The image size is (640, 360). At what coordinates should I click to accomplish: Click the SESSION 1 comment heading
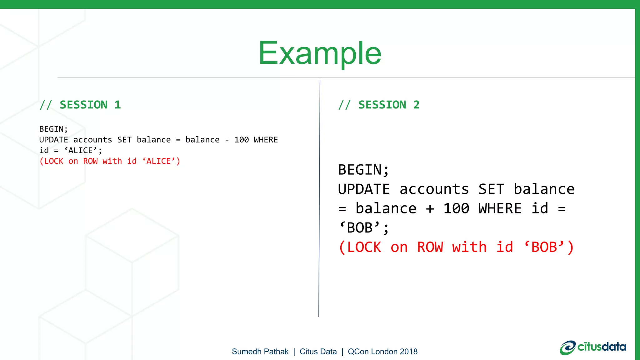pyautogui.click(x=80, y=105)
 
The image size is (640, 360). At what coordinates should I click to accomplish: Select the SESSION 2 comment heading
pyautogui.click(x=379, y=105)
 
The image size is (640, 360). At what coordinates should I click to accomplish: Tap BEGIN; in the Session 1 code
pyautogui.click(x=53, y=129)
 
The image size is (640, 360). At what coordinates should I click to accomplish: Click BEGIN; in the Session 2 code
pyautogui.click(x=364, y=170)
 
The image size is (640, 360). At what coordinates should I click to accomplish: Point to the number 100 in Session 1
pyautogui.click(x=242, y=140)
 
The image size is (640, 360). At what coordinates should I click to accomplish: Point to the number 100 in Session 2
pyautogui.click(x=456, y=208)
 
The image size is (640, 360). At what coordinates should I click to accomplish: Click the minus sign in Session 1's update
pyautogui.click(x=227, y=140)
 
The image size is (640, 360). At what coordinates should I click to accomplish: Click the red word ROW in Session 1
pyautogui.click(x=90, y=161)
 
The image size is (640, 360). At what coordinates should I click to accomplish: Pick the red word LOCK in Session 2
pyautogui.click(x=364, y=247)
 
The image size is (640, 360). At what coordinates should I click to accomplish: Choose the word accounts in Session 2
pyautogui.click(x=434, y=189)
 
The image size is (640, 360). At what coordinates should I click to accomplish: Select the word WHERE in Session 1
pyautogui.click(x=266, y=140)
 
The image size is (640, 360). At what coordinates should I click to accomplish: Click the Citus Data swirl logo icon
pyautogui.click(x=567, y=348)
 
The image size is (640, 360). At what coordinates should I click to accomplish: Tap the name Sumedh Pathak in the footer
pyautogui.click(x=260, y=352)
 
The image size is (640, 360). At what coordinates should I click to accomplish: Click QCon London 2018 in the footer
pyautogui.click(x=382, y=352)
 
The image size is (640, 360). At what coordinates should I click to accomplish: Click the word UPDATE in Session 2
pyautogui.click(x=364, y=189)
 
